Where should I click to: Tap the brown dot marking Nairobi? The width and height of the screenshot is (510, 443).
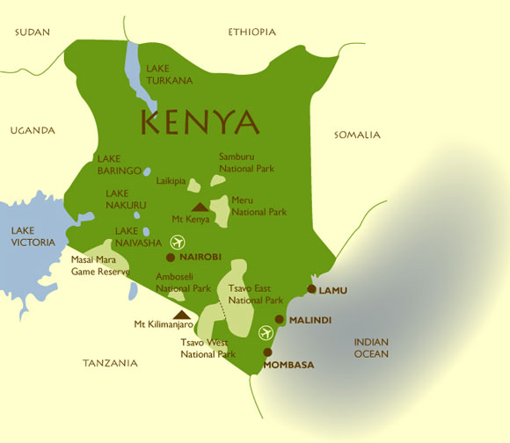click(171, 258)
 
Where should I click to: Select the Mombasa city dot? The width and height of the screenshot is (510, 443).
click(268, 352)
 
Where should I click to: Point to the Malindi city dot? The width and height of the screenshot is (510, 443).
click(280, 320)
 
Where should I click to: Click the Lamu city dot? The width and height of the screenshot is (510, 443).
click(311, 288)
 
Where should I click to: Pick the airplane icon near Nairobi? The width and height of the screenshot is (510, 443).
click(179, 242)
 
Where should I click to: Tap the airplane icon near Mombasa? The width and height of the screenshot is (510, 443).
click(266, 332)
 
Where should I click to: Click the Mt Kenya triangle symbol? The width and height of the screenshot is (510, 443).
click(201, 207)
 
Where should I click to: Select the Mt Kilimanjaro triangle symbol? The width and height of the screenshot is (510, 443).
click(181, 314)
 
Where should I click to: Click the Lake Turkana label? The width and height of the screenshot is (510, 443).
click(170, 75)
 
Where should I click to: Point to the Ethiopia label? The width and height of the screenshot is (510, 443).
click(251, 33)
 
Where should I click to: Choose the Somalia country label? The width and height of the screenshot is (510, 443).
click(357, 134)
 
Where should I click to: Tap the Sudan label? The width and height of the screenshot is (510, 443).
click(33, 33)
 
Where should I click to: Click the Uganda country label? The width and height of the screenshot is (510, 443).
click(33, 130)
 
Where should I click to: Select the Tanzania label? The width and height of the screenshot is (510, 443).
click(110, 362)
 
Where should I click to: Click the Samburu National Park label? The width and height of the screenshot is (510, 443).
click(247, 163)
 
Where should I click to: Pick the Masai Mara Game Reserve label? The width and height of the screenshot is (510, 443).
click(99, 266)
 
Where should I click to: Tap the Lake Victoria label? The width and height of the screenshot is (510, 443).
click(33, 236)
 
